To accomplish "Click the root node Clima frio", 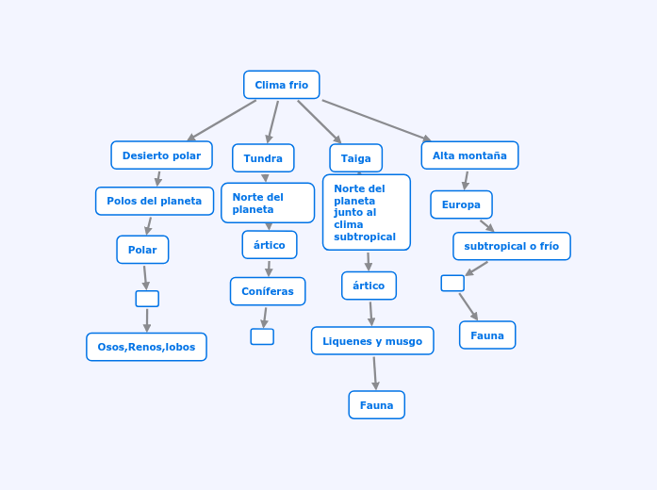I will (x=281, y=85).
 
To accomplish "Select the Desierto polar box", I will (x=161, y=155).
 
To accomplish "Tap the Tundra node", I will (x=263, y=158).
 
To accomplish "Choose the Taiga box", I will (x=355, y=158).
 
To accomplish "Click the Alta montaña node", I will (x=469, y=155).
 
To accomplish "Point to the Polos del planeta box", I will (x=154, y=201).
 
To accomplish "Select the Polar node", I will (x=142, y=250).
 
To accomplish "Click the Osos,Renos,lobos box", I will (x=146, y=347).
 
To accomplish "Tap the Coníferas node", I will (x=268, y=291).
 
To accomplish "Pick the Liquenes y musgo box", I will (x=372, y=341).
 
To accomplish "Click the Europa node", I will (x=461, y=204).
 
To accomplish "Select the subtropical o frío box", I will (x=511, y=246).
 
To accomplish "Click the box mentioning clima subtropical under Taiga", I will (x=366, y=212).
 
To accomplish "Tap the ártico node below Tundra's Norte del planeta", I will (x=270, y=245).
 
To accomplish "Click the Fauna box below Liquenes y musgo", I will (x=376, y=405).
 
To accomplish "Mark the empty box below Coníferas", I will (x=262, y=336).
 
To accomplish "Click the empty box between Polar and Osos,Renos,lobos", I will (x=147, y=299).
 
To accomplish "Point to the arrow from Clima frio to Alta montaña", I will (x=376, y=121).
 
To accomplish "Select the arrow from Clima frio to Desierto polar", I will (x=222, y=121).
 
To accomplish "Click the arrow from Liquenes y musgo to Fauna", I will (x=374, y=372).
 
